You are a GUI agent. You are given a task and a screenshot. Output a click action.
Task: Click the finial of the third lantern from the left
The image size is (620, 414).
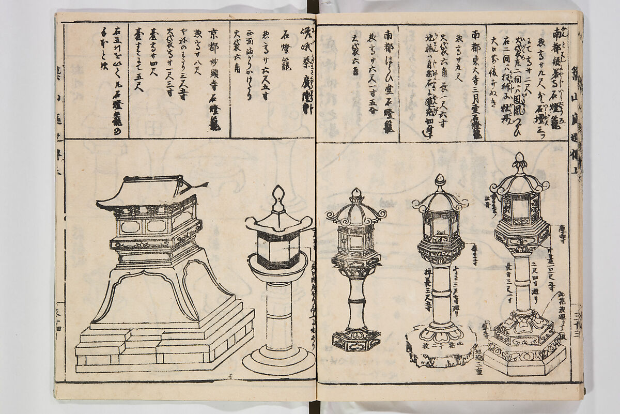point(355,195)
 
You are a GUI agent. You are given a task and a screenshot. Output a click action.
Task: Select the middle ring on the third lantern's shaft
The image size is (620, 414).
point(356,300)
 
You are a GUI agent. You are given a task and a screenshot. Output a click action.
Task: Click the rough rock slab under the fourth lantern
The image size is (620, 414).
point(439,349)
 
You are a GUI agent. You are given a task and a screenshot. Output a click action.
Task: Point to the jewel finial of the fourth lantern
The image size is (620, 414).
point(440,180)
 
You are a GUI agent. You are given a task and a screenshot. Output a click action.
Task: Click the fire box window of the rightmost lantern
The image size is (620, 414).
point(521,207)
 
